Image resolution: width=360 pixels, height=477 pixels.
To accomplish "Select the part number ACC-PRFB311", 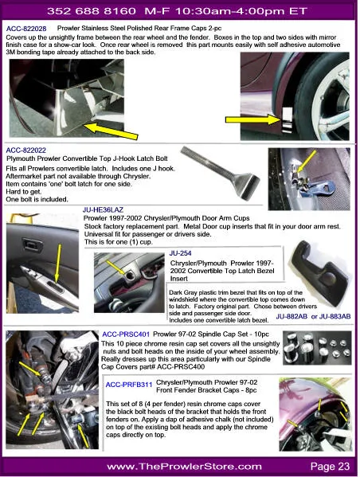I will pos(130,383).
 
